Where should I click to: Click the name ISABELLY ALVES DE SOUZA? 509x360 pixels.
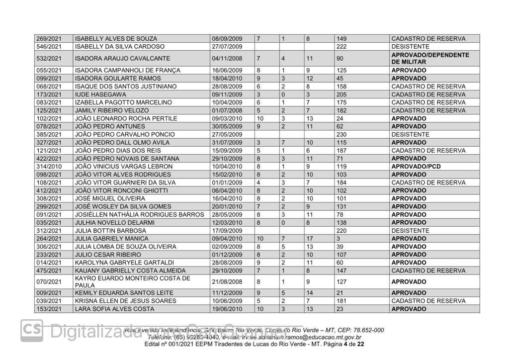click(x=116, y=39)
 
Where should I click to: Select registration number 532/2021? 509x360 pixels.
click(x=49, y=58)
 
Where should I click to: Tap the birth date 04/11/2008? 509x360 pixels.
click(x=227, y=58)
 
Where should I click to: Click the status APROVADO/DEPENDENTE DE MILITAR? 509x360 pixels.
click(x=430, y=58)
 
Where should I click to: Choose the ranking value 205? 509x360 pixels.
click(x=342, y=94)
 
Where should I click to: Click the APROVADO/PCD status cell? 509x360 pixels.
click(x=416, y=167)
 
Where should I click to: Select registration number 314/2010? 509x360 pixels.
click(x=49, y=167)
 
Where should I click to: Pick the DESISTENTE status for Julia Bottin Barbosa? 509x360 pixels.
click(x=410, y=231)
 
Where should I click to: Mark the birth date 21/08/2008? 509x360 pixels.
click(x=227, y=281)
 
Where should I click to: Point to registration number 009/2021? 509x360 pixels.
click(x=49, y=293)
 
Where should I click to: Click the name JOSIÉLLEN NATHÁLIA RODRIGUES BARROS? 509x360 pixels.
click(x=139, y=215)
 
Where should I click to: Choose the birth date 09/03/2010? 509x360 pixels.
click(x=227, y=118)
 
